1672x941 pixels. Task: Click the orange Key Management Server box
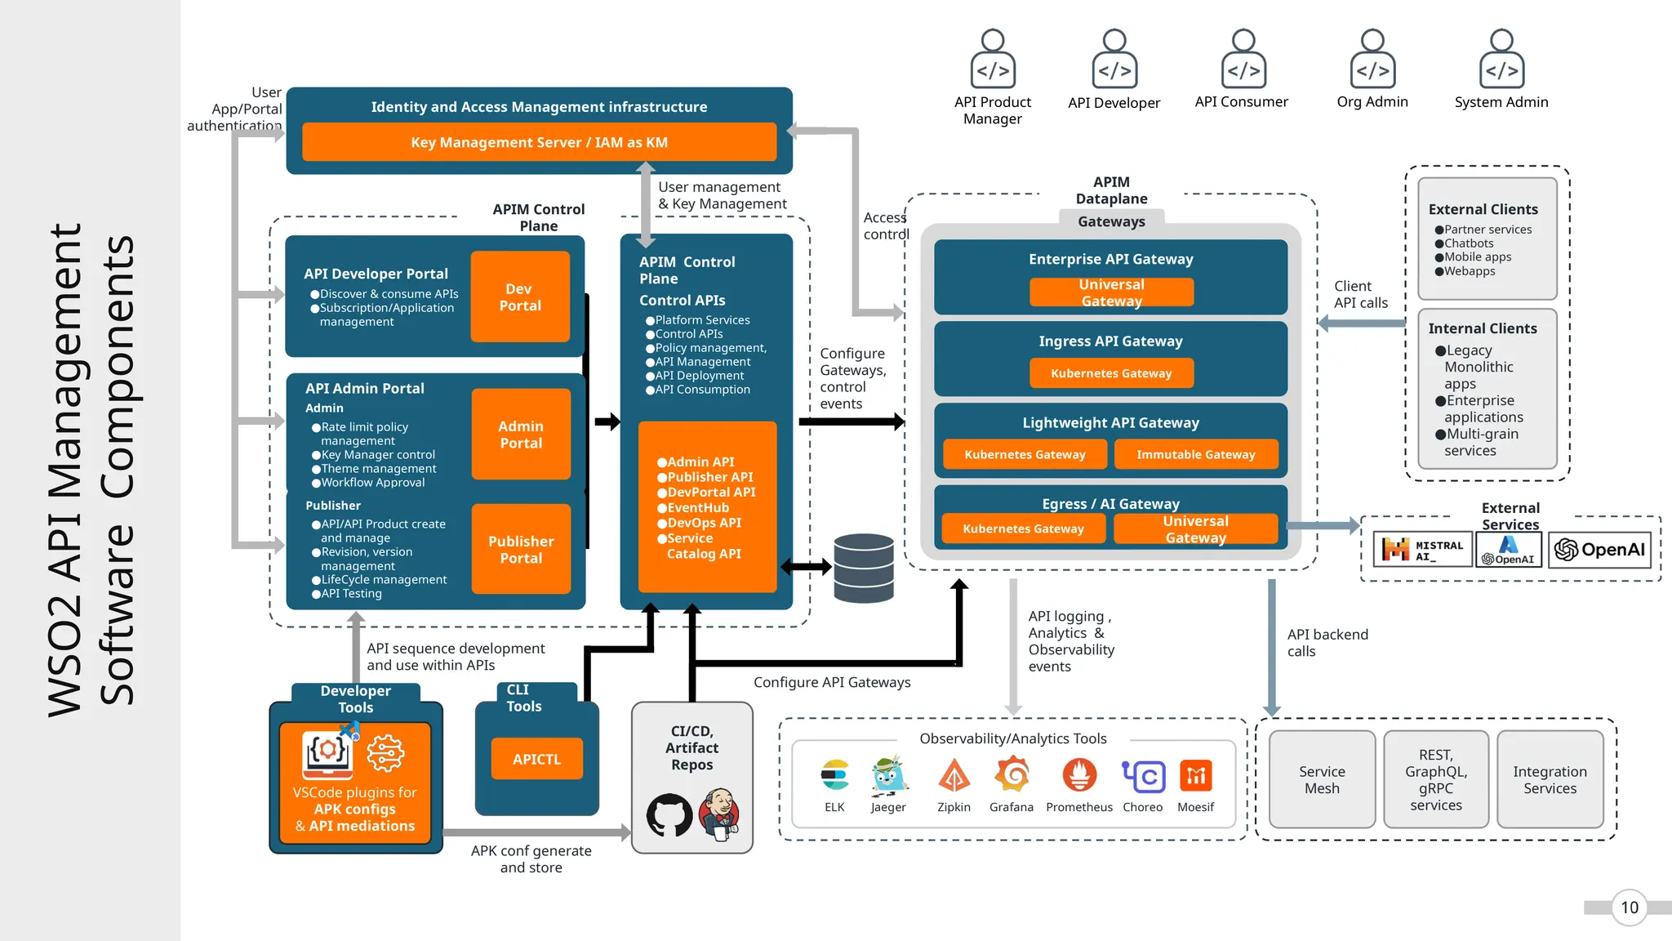click(539, 142)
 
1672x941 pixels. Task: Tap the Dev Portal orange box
click(520, 297)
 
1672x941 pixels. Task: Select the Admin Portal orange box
click(521, 435)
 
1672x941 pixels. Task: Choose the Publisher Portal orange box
click(521, 549)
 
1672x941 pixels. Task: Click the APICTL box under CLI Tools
click(536, 759)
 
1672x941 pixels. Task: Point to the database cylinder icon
click(864, 568)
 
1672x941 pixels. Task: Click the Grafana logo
click(1012, 774)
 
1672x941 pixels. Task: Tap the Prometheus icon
click(1079, 774)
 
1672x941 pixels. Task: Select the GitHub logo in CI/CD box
click(669, 814)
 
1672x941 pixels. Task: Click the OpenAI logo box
click(1599, 550)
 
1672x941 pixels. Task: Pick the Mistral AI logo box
click(1423, 550)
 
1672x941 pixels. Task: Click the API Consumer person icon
click(1243, 60)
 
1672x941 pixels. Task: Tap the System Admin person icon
click(1501, 60)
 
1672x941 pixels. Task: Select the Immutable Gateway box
click(1195, 454)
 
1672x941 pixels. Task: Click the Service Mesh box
click(1322, 779)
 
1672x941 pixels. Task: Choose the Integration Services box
click(1550, 779)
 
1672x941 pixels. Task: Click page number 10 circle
click(1629, 908)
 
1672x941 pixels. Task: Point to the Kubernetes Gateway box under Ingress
click(1110, 373)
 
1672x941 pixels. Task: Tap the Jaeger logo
click(888, 775)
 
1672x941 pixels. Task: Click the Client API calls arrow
click(1361, 323)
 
